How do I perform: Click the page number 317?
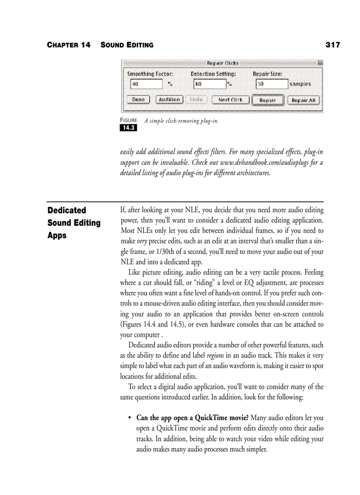tap(333, 45)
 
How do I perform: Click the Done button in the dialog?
tap(138, 100)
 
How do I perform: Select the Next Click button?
tap(230, 100)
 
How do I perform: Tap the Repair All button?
tap(304, 100)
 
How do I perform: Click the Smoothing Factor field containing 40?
tap(146, 84)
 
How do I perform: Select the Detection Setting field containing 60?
tap(210, 84)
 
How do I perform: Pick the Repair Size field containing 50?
tap(271, 84)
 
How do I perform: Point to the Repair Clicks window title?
tap(222, 63)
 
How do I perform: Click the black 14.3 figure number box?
tap(128, 128)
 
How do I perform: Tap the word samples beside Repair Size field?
tap(300, 84)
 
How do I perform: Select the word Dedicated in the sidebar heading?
tap(67, 211)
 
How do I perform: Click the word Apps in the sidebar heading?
tap(57, 235)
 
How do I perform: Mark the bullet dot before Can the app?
tap(129, 418)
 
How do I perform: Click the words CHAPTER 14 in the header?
tap(68, 45)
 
